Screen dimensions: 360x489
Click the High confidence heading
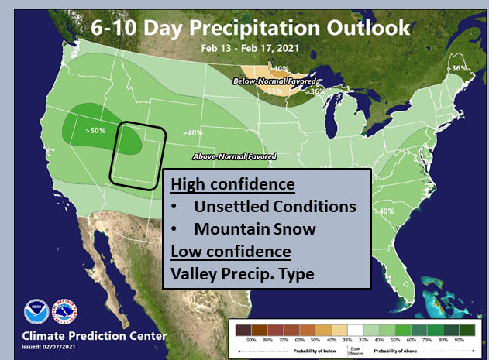click(x=232, y=186)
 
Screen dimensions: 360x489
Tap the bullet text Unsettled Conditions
click(x=275, y=207)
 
